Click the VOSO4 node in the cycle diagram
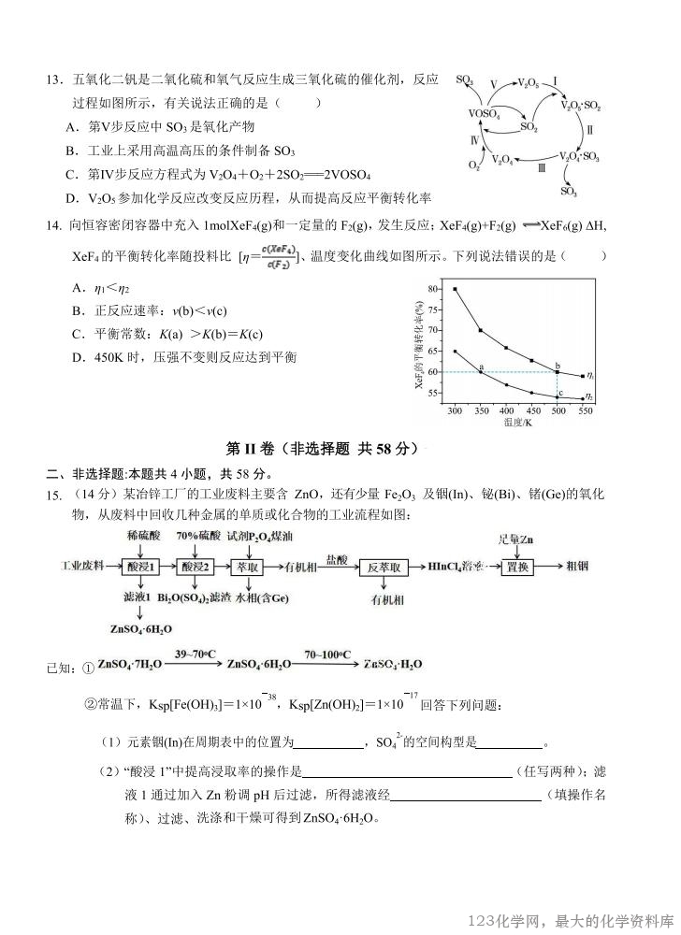[485, 114]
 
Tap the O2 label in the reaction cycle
[474, 165]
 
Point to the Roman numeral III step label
[542, 168]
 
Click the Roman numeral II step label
[589, 130]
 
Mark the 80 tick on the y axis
[432, 289]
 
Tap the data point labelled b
[558, 372]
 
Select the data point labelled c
[558, 396]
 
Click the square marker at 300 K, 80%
[455, 289]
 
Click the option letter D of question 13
[71, 198]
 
